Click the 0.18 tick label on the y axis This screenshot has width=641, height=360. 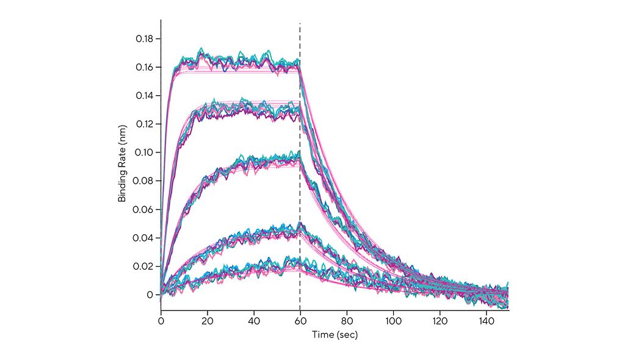(x=144, y=38)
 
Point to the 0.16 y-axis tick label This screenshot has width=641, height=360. (x=144, y=67)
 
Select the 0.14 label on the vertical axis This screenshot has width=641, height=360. (x=144, y=96)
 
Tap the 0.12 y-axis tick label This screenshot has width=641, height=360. (x=144, y=124)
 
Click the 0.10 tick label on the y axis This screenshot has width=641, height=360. (x=144, y=153)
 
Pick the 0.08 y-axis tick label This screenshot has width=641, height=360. (x=144, y=181)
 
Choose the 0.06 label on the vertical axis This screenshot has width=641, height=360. (x=144, y=209)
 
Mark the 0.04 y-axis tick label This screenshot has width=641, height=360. (x=144, y=238)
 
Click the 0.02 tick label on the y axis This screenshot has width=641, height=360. (x=144, y=266)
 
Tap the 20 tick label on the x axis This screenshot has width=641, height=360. (x=208, y=320)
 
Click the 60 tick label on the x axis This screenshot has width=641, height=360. (x=300, y=320)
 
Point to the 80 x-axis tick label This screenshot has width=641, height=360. (x=347, y=320)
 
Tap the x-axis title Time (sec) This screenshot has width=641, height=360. (x=335, y=335)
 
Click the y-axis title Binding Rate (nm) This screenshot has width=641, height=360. (x=122, y=166)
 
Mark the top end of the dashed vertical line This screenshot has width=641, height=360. (x=300, y=24)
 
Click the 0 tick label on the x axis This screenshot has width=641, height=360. (x=161, y=320)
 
